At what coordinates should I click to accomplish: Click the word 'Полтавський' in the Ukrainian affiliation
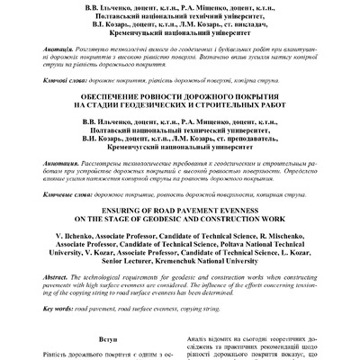pyautogui.click(x=116, y=27)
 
